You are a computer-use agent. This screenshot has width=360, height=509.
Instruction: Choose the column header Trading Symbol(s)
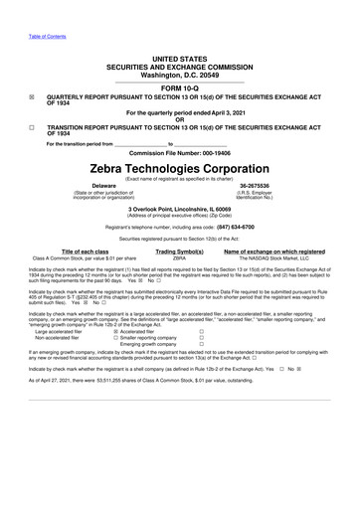coord(180,252)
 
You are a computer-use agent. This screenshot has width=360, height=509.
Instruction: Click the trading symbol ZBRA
coord(180,258)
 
